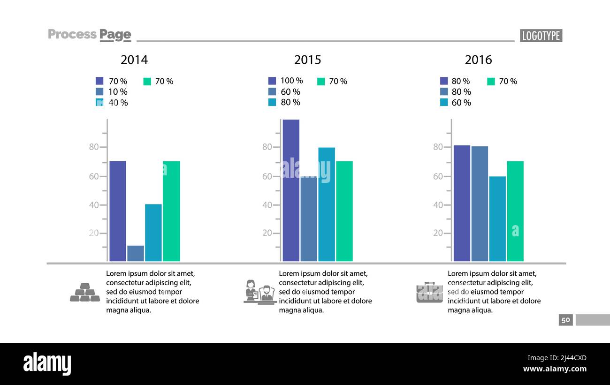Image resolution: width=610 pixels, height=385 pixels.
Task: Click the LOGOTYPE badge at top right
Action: point(541,36)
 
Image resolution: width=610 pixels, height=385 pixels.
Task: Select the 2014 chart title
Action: point(134,60)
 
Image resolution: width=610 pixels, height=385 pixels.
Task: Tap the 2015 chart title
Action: point(307,60)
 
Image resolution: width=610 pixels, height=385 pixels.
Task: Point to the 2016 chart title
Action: point(478,60)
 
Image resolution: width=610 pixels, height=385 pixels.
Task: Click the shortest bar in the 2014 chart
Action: point(136,253)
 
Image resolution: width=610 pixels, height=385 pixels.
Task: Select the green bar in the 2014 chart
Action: point(171,211)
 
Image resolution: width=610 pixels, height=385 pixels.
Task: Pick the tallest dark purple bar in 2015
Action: point(291,190)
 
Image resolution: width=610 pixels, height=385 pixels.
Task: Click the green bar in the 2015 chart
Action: point(344,211)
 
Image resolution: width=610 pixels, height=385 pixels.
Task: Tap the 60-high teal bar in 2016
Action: point(497,219)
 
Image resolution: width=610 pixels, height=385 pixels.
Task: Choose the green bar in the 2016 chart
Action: point(515,211)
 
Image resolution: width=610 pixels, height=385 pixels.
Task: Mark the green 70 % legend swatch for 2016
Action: point(491,81)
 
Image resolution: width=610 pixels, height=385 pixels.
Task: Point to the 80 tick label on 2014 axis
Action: point(94,147)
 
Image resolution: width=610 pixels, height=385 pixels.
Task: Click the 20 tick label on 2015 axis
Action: point(267,233)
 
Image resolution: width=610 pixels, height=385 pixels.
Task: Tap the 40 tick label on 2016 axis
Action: point(438,205)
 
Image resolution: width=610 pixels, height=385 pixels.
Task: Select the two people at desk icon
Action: point(259,292)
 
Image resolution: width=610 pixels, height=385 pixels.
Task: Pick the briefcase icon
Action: point(429,292)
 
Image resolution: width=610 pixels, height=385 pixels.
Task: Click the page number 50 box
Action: point(565,320)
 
